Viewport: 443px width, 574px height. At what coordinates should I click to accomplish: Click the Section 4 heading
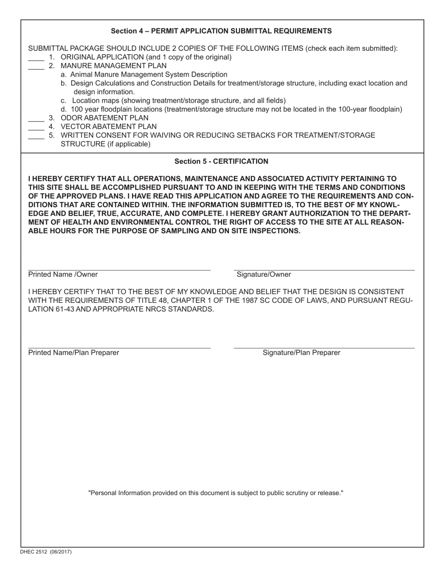click(x=221, y=31)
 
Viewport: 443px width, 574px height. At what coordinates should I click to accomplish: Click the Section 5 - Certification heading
click(x=221, y=161)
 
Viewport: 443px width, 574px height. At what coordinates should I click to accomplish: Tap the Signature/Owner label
click(x=263, y=275)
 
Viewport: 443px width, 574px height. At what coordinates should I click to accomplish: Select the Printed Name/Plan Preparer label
click(x=73, y=353)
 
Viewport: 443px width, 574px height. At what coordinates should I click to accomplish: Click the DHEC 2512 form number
click(x=46, y=552)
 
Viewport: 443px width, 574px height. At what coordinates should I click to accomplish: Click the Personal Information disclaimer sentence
click(x=216, y=493)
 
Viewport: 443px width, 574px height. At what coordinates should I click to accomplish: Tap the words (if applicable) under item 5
click(x=129, y=144)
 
